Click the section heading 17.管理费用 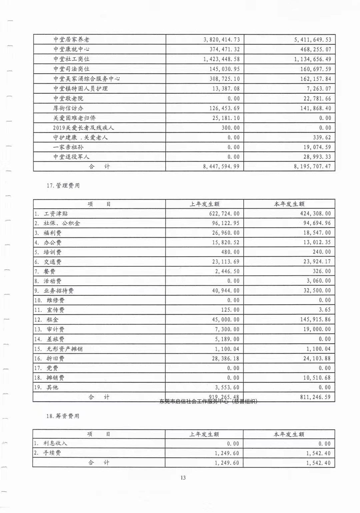[x=63, y=186]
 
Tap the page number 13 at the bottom [x=183, y=478]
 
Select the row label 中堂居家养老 [x=71, y=39]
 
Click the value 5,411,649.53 [x=312, y=40]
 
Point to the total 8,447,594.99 [x=221, y=166]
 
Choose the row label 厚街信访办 [x=68, y=108]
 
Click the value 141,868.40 [x=315, y=108]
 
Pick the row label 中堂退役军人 [x=71, y=157]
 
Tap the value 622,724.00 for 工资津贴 [x=224, y=214]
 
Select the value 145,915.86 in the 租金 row [x=315, y=319]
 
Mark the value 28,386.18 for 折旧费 [x=226, y=359]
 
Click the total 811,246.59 [x=315, y=397]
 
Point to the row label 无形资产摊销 [x=64, y=349]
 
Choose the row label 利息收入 [x=55, y=443]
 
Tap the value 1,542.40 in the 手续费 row [x=318, y=453]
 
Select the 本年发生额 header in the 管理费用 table [x=289, y=204]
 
